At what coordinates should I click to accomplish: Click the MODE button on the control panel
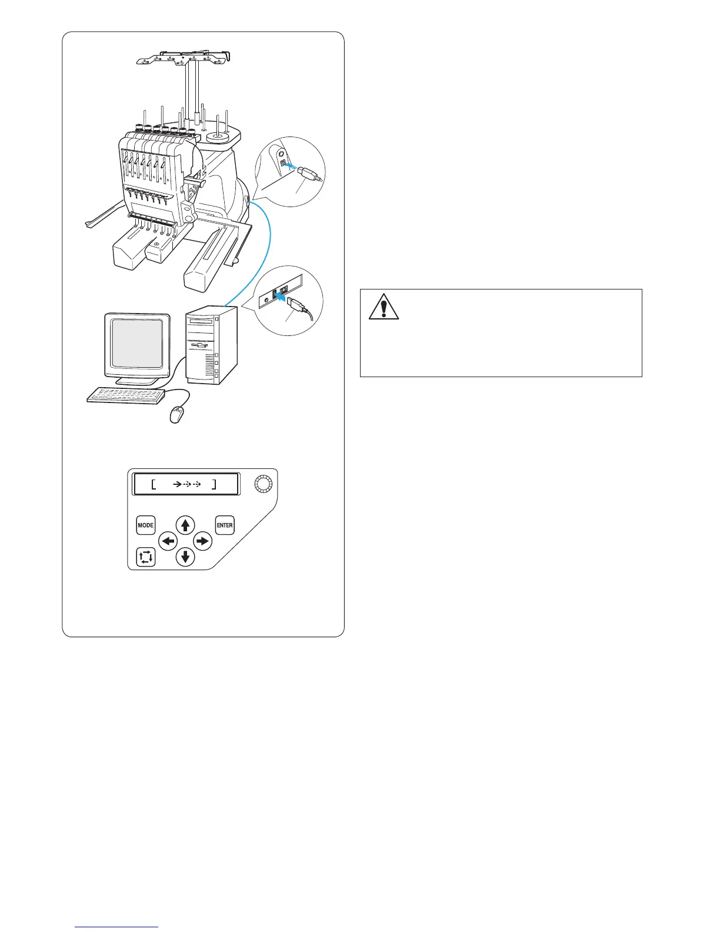point(145,525)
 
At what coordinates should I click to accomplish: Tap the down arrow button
point(186,556)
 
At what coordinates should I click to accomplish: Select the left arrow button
point(169,541)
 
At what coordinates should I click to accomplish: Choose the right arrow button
point(202,541)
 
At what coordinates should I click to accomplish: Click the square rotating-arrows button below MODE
point(145,557)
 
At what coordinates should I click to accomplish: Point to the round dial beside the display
point(264,485)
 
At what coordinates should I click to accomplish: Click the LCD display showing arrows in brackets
point(186,485)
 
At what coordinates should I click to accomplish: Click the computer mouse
point(176,415)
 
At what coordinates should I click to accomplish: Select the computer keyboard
point(126,395)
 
